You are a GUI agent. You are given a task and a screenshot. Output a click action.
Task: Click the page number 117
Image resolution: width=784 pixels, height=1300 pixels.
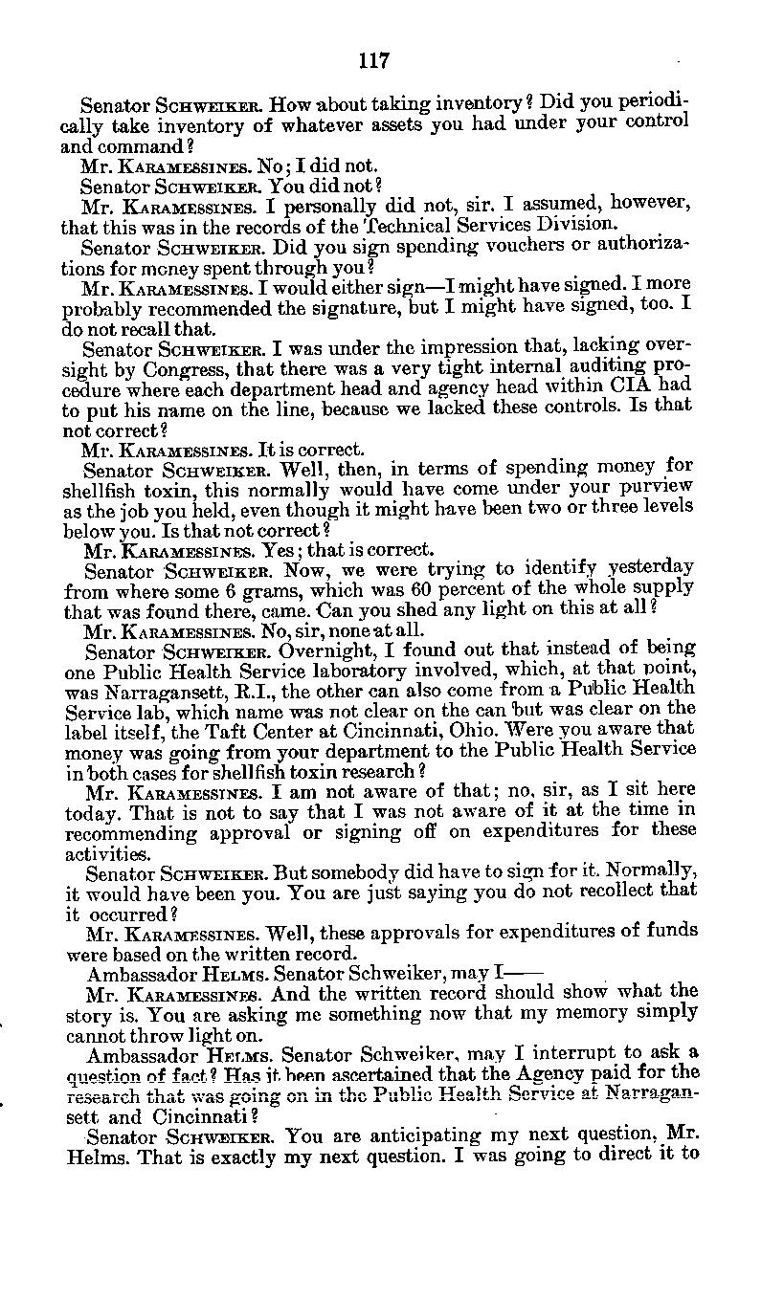pyautogui.click(x=373, y=60)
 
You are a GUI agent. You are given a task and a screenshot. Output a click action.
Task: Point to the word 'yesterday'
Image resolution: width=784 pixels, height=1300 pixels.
pyautogui.click(x=647, y=569)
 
